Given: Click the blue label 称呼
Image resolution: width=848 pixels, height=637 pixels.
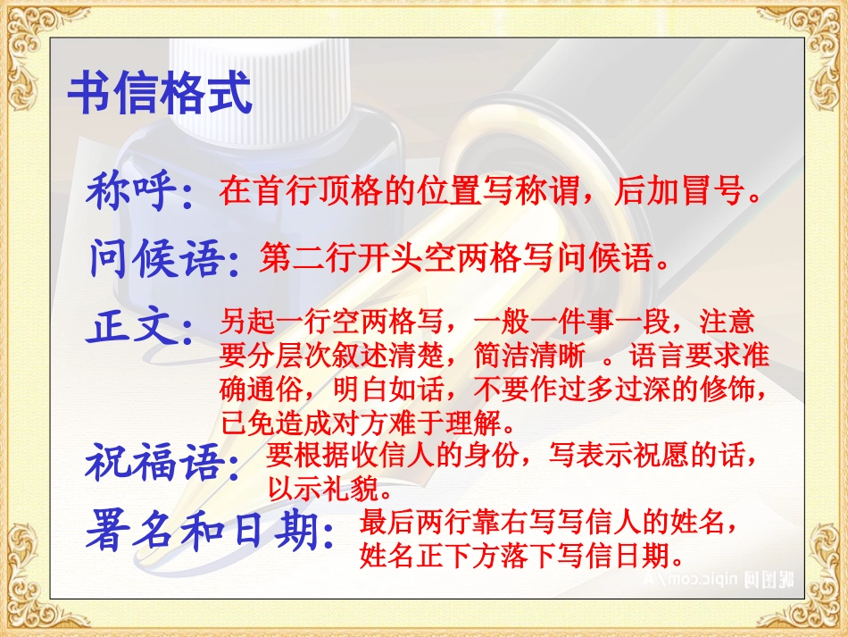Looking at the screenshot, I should (x=134, y=191).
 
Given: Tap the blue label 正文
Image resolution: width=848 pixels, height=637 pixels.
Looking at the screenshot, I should (x=134, y=328).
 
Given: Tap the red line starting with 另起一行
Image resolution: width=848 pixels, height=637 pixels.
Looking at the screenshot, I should (x=486, y=322).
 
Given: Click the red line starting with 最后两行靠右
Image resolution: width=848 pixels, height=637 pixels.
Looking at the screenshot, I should (x=549, y=522).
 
